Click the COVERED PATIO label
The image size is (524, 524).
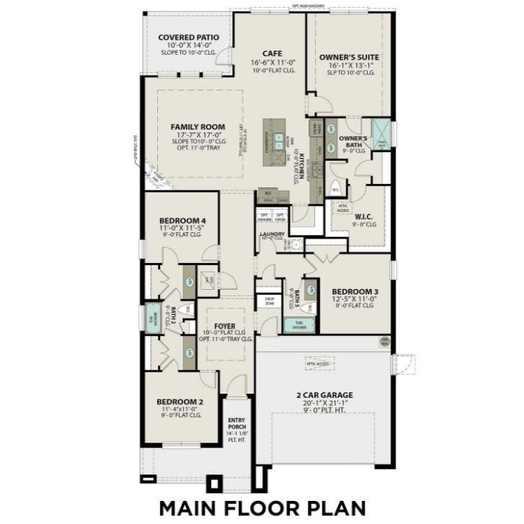(x=189, y=37)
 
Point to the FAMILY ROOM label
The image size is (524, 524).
(x=197, y=126)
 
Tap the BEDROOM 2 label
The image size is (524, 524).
(x=180, y=401)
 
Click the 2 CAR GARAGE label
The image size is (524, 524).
(x=324, y=394)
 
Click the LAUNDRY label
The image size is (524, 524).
(x=272, y=234)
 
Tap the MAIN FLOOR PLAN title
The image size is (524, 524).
(x=262, y=506)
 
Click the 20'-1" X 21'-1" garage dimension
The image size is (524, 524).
(x=324, y=404)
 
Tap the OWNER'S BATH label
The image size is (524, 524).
(x=353, y=141)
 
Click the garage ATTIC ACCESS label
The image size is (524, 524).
(x=319, y=365)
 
